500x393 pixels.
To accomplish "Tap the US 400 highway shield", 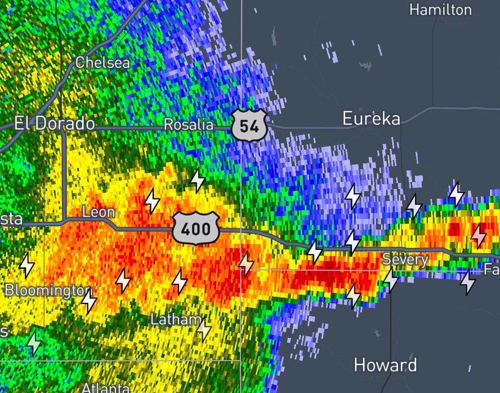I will (x=196, y=227).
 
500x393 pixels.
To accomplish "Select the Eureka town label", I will (x=371, y=119).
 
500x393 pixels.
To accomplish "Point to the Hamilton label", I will (x=440, y=10).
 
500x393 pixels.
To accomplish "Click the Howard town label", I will (x=385, y=365).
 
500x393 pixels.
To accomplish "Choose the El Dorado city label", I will (x=55, y=124).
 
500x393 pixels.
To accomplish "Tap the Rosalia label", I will (x=188, y=124).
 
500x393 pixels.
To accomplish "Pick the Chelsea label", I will (x=102, y=63).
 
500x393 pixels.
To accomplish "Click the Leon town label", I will (x=99, y=213).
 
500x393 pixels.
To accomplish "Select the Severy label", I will (x=405, y=260).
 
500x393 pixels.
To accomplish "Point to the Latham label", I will (x=175, y=319).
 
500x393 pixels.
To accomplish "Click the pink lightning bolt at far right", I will (x=478, y=236).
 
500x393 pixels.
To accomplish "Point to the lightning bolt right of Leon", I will (x=152, y=201).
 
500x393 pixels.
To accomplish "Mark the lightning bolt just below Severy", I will (x=391, y=279).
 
